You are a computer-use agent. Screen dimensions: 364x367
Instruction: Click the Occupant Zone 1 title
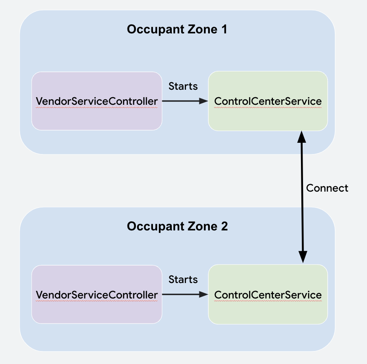[x=177, y=30]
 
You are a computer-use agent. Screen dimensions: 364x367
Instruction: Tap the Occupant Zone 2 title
[x=177, y=226]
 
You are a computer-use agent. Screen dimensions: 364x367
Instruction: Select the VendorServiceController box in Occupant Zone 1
[x=97, y=101]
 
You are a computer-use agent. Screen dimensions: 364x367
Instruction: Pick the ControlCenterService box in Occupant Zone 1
[x=268, y=101]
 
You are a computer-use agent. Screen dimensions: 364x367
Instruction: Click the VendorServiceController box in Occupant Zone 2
[x=97, y=294]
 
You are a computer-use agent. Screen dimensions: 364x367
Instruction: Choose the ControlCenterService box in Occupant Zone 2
[x=268, y=294]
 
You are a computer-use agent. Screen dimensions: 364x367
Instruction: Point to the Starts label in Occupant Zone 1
[x=183, y=86]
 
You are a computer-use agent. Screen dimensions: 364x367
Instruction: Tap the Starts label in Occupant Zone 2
[x=183, y=280]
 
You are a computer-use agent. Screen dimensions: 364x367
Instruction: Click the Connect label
[x=327, y=188]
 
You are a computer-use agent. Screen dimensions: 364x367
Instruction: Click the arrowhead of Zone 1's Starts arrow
[x=204, y=101]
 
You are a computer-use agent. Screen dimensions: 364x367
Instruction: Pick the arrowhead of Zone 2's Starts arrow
[x=204, y=294]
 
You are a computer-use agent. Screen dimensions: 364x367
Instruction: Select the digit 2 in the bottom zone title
[x=224, y=226]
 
